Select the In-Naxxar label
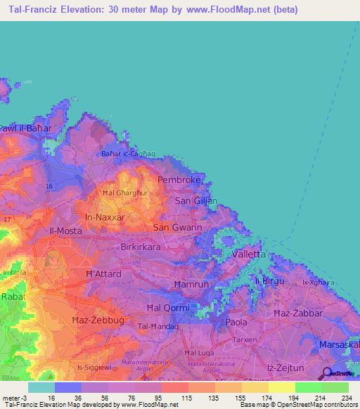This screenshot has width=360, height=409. [x=105, y=218]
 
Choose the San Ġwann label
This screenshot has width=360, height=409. [x=178, y=228]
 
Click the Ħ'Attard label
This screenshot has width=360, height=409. [x=103, y=273]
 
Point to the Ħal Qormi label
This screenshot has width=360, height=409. [x=164, y=309]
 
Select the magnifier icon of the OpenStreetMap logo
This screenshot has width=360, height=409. [x=326, y=374]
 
